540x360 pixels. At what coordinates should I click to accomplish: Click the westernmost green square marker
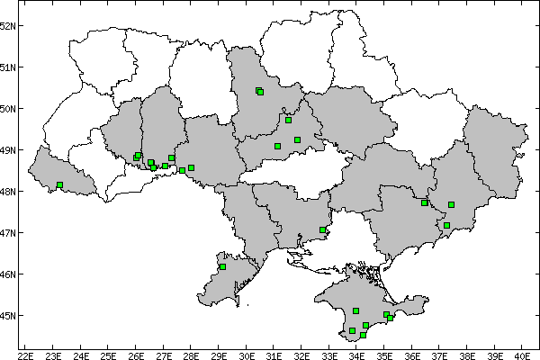tap(59, 185)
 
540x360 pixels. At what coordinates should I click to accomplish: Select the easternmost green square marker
tap(452, 205)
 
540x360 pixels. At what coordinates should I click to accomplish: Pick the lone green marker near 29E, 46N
tap(222, 266)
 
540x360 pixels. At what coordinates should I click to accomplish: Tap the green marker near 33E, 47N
tap(322, 230)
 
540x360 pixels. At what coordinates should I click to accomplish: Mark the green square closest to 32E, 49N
tap(297, 139)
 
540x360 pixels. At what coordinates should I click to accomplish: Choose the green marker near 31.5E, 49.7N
tap(288, 120)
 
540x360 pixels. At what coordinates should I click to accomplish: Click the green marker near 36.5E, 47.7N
tap(424, 203)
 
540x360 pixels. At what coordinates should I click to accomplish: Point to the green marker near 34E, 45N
tap(356, 310)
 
